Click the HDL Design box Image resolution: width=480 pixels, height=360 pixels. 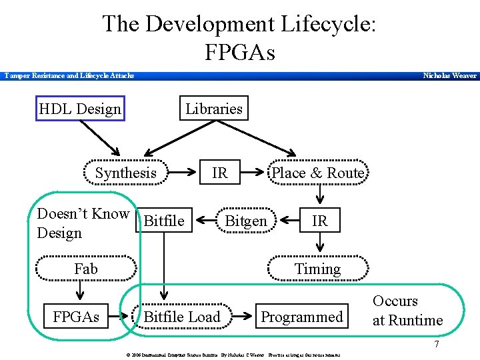point(80,109)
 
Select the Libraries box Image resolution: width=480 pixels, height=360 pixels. point(213,109)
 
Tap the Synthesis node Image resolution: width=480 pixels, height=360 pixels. point(125,173)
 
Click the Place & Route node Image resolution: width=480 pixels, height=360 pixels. point(318,173)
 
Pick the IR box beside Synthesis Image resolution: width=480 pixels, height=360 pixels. point(219,173)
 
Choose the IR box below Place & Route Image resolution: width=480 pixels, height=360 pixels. point(320,221)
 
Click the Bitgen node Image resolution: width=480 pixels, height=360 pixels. point(246,221)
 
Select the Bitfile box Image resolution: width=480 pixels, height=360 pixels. point(164,221)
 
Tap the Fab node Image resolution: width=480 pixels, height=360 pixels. point(85,269)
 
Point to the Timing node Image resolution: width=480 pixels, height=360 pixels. point(317,269)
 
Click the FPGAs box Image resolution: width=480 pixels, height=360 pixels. point(77,317)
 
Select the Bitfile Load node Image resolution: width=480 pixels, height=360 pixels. point(182,317)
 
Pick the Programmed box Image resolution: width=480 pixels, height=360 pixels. point(301,317)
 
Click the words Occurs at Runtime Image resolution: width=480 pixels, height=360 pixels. point(407,311)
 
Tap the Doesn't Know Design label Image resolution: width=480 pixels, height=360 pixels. point(83,223)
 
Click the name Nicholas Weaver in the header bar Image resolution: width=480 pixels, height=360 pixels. point(450,76)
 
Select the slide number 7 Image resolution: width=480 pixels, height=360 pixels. point(436,345)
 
